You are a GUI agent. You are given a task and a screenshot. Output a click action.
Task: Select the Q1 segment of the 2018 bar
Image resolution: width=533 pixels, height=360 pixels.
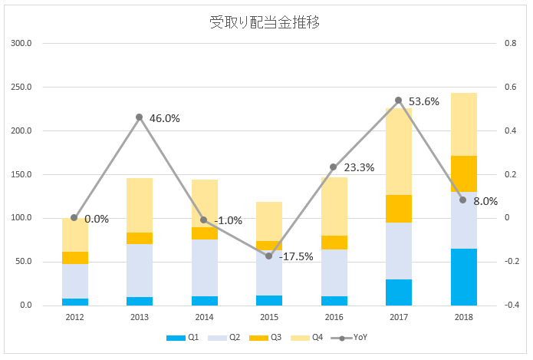point(463,276)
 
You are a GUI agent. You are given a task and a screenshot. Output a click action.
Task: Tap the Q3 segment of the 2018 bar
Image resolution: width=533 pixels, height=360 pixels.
point(463,173)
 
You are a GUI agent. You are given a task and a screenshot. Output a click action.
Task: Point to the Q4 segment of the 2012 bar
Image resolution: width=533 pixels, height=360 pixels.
point(74,235)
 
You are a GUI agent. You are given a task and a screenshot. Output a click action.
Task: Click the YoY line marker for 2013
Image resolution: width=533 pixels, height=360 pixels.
point(139,117)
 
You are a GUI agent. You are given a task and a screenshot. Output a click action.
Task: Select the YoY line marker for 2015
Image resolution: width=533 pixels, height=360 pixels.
point(268,256)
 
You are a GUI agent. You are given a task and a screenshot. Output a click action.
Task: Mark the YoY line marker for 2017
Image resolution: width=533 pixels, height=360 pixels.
point(398,101)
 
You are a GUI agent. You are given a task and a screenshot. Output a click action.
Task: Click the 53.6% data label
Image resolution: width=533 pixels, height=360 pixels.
point(424,101)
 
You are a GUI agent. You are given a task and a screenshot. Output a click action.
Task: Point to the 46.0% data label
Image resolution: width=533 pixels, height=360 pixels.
point(165,118)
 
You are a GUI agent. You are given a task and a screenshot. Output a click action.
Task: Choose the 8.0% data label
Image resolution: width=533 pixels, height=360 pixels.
point(486,201)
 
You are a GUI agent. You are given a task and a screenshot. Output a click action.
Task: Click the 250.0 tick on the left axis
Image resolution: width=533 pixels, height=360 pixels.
point(21,88)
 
